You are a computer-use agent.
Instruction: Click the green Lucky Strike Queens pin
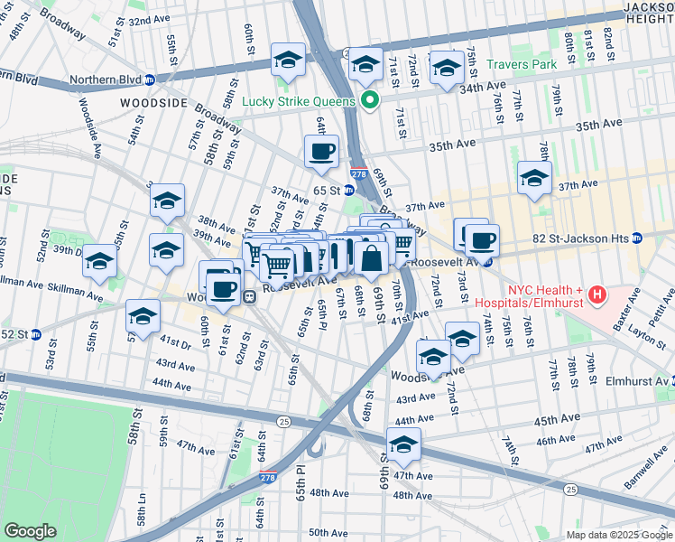[x=368, y=101]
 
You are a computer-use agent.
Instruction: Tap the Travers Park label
[x=523, y=65]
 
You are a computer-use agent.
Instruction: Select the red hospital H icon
[x=596, y=295]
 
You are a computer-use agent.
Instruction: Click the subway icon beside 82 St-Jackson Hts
[x=637, y=238]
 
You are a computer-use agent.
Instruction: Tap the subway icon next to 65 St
[x=348, y=191]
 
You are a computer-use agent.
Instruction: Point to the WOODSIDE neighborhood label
[x=153, y=104]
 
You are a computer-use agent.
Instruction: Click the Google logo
[x=30, y=531]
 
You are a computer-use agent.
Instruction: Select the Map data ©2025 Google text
[x=618, y=535]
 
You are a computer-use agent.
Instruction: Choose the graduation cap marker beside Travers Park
[x=447, y=68]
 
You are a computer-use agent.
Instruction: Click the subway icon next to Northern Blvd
[x=150, y=79]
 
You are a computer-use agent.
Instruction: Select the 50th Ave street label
[x=328, y=533]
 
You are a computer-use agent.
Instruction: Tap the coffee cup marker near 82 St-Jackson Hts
[x=481, y=240]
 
